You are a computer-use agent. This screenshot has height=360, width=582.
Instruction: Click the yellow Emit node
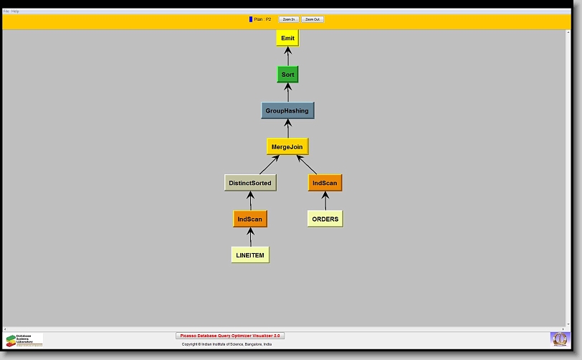(287, 38)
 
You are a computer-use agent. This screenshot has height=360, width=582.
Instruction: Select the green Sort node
(287, 74)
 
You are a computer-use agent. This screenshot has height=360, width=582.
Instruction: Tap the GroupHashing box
(287, 110)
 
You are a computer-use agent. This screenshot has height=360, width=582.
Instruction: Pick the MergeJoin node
(287, 146)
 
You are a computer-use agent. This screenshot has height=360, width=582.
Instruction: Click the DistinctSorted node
(250, 183)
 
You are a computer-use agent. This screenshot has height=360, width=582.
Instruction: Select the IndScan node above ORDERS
(325, 183)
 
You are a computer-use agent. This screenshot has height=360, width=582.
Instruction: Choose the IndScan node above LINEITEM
(250, 219)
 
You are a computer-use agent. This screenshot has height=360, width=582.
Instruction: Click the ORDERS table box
(325, 219)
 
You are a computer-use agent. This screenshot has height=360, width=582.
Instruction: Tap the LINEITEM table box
(250, 255)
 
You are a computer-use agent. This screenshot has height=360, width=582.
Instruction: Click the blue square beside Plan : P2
(251, 19)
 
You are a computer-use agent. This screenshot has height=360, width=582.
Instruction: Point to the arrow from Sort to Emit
(287, 56)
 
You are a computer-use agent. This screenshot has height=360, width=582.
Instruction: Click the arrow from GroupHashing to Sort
(287, 92)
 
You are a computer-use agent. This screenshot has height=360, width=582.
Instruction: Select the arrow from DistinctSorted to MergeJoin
(269, 165)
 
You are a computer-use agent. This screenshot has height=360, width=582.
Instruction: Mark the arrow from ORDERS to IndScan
(325, 201)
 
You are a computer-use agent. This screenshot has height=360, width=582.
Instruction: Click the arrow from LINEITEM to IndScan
(250, 237)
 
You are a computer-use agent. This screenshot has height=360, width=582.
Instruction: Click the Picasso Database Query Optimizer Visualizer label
(230, 336)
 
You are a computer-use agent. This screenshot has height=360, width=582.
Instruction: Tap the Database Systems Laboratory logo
(24, 339)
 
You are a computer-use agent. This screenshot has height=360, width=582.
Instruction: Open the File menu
(6, 11)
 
